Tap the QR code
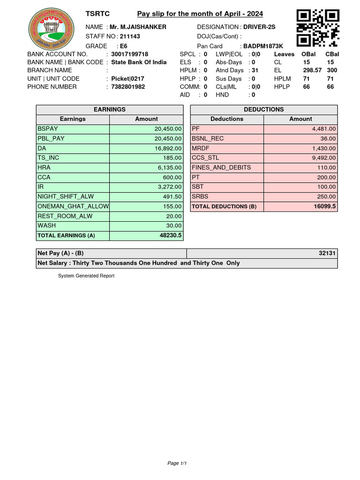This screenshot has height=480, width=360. [318, 28]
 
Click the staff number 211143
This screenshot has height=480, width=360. [130, 36]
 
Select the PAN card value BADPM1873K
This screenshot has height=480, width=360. [263, 46]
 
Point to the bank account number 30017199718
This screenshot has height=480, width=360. [129, 54]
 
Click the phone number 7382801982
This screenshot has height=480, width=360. [127, 87]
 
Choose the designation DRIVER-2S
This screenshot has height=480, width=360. [259, 27]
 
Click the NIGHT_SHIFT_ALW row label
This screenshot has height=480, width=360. [65, 197]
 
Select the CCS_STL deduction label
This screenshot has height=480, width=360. [205, 158]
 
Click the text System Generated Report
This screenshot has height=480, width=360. [86, 276]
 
